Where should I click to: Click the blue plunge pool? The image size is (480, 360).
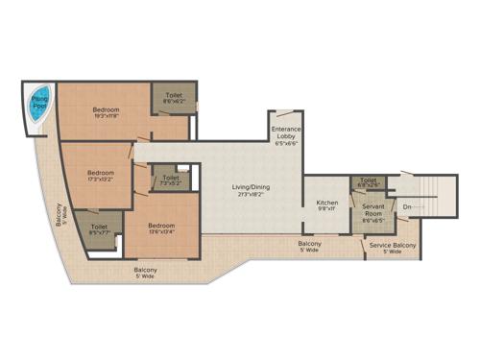(x=36, y=104)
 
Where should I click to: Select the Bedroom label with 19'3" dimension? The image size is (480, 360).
(x=106, y=110)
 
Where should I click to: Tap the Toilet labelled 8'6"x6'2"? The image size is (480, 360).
(x=175, y=95)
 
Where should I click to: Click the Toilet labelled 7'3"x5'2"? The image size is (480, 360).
(x=170, y=179)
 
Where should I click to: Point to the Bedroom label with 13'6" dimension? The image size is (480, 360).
(x=160, y=227)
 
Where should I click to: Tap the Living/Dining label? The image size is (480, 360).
(x=249, y=187)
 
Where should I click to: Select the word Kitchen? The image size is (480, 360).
(x=325, y=203)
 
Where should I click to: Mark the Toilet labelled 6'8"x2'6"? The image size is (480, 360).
(x=368, y=180)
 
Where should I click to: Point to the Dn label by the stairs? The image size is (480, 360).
(x=407, y=206)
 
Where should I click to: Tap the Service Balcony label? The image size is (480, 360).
(x=392, y=246)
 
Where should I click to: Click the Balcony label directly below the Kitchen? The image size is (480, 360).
(x=309, y=244)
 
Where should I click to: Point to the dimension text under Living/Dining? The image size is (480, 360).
(x=249, y=195)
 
